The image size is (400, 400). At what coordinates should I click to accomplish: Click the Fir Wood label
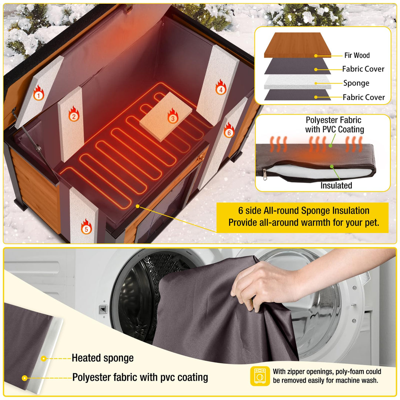point(357,56)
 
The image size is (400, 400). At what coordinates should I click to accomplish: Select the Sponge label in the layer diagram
point(356,83)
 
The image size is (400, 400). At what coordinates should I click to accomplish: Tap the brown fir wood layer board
point(293,44)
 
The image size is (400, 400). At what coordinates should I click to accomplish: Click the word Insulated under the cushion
point(336,186)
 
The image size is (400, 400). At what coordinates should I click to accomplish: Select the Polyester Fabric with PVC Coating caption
point(334,124)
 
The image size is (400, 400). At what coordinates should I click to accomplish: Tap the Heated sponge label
point(103,358)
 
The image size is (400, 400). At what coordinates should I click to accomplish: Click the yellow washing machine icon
point(260,376)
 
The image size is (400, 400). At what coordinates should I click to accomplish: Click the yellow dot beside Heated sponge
point(44,359)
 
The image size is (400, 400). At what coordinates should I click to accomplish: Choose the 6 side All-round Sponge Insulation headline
point(303,211)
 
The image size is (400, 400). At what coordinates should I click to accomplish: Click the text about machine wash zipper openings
point(327,376)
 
